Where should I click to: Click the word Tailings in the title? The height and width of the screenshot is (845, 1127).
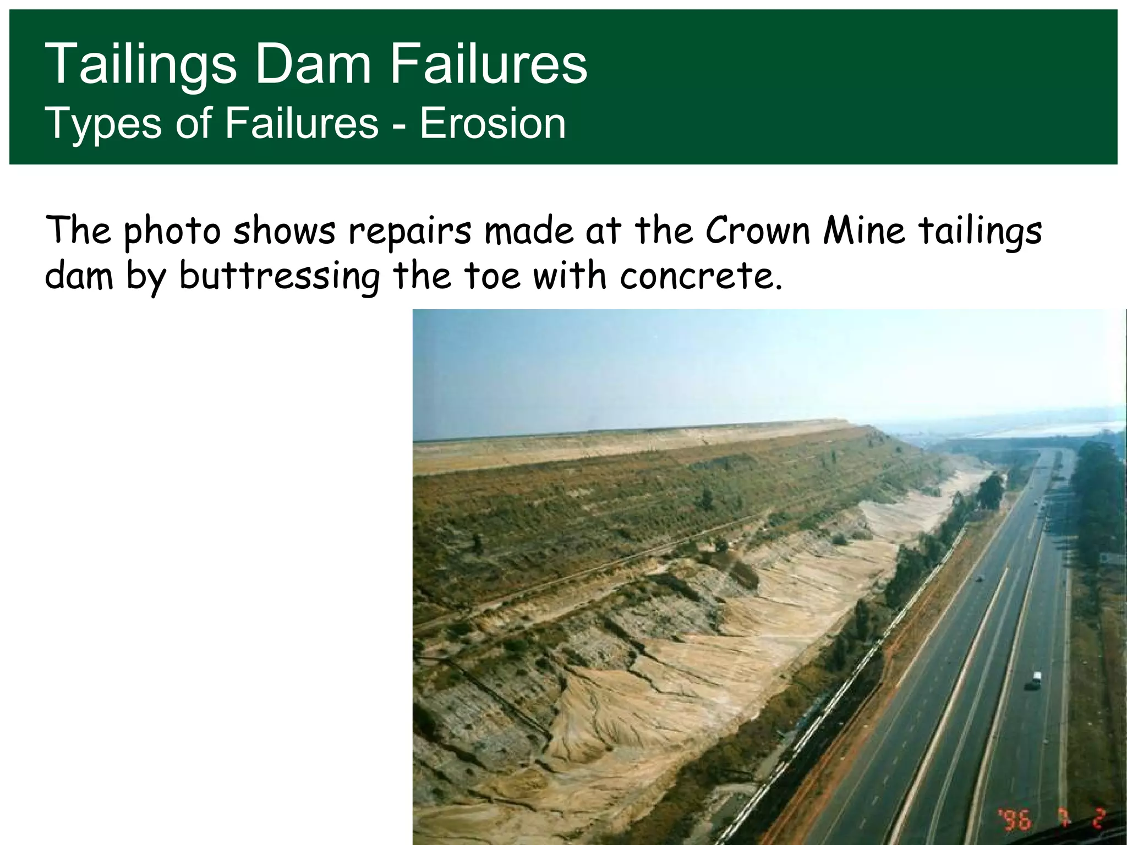pos(140,65)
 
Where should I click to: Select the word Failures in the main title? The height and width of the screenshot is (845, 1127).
pos(489,64)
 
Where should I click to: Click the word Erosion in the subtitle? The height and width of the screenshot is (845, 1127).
pos(493,123)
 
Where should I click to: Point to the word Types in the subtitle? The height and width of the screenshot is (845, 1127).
pos(103,124)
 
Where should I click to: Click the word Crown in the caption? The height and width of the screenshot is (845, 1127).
pos(758,231)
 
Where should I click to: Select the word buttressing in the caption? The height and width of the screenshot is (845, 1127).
pos(280,276)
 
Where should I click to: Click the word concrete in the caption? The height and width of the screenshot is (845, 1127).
pos(701,276)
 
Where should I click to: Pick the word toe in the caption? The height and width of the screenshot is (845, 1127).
pos(492,276)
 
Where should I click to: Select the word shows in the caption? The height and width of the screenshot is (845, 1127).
pos(284,231)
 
